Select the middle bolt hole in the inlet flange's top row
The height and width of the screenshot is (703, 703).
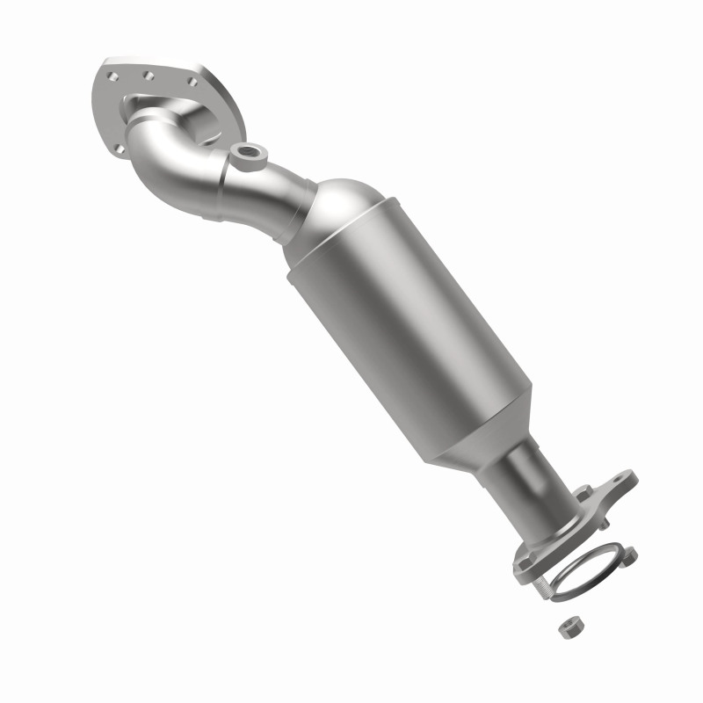pos(149,75)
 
